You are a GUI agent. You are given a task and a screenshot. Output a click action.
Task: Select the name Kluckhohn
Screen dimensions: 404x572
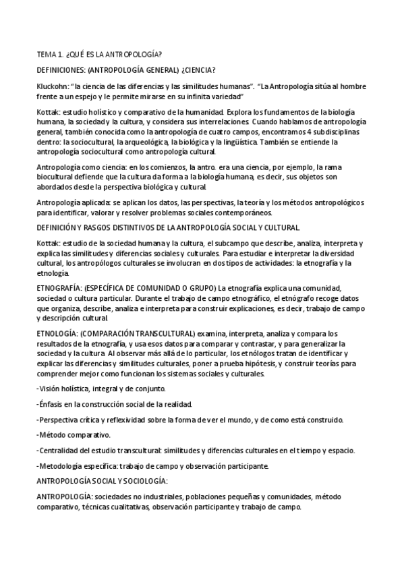pyautogui.click(x=55, y=86)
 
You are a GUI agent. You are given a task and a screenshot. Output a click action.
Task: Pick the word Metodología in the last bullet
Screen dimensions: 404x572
pyautogui.click(x=63, y=465)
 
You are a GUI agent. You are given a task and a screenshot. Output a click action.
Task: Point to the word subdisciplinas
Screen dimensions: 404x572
pyautogui.click(x=354, y=131)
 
